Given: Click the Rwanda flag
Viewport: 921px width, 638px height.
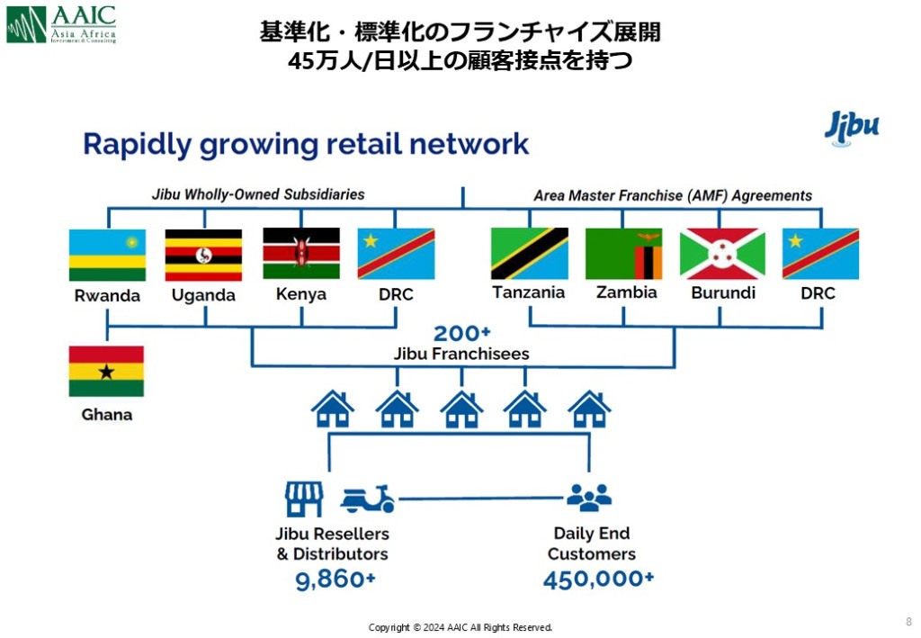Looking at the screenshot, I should tap(107, 255).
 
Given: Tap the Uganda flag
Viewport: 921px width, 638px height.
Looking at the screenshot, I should tap(203, 255).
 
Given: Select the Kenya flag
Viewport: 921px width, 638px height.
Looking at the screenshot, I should tap(300, 253).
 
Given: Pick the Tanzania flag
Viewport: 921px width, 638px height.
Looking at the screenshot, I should tap(529, 253).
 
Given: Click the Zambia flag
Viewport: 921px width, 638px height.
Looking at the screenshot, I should tap(623, 253).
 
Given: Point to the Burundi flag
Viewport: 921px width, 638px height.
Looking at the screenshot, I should tap(722, 253).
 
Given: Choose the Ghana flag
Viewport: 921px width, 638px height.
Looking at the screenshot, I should tap(106, 371).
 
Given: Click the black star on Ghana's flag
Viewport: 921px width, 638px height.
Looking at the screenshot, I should tap(106, 372).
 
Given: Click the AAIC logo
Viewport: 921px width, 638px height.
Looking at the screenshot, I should tap(61, 24).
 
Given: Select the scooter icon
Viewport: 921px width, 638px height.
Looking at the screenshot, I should tap(368, 499).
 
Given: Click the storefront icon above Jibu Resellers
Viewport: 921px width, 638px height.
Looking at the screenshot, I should tap(303, 498).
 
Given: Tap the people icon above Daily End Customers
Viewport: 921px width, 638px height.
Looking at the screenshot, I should tap(589, 498).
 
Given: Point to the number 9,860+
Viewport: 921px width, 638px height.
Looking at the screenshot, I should tap(335, 580).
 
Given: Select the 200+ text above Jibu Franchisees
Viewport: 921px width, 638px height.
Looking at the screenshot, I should tap(461, 333).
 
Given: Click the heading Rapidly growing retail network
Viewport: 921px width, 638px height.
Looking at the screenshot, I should tap(306, 144).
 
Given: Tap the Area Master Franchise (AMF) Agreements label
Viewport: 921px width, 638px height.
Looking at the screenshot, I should tap(673, 195).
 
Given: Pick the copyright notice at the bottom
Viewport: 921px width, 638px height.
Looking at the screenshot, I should tap(460, 627).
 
